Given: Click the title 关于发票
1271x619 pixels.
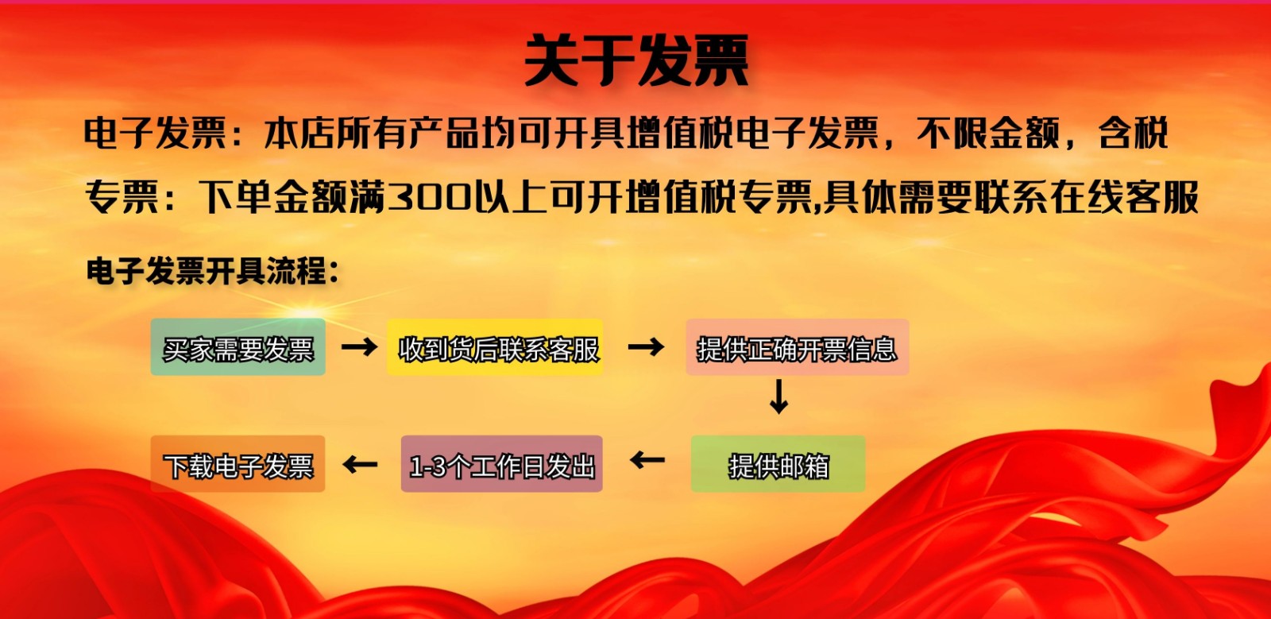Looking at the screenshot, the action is coord(636,60).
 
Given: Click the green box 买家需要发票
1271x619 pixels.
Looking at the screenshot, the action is coord(238,347).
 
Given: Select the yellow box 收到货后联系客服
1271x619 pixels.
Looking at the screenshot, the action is coord(495,347).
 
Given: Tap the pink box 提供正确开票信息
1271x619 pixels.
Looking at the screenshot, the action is coord(798,347).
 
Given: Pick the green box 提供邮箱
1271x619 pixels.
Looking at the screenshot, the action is coord(778,463).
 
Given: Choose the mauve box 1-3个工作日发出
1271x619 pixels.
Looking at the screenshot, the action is coord(501,463).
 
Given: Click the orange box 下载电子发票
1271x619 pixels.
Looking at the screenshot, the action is coord(238,463).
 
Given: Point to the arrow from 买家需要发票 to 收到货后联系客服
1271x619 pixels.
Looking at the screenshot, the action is coord(359,346).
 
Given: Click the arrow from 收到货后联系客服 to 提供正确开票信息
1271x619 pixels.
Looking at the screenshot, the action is coord(647,346).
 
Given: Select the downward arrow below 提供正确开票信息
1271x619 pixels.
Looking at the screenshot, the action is coord(778,397).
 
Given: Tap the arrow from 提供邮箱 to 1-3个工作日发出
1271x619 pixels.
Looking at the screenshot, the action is coord(647,459).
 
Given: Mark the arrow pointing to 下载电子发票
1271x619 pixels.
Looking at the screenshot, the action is coord(361,465).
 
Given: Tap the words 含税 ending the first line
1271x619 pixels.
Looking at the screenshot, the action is coord(1133,133).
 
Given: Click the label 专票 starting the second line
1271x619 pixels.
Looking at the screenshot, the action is coord(121,197).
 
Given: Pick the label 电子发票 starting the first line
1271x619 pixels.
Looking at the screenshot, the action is coord(156,133).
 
